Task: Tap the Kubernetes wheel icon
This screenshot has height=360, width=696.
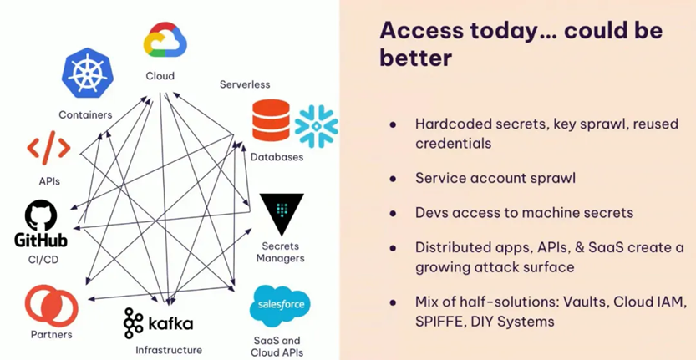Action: coord(88,73)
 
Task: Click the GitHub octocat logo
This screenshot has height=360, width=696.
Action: coord(41,215)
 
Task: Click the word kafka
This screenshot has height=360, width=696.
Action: coord(170,322)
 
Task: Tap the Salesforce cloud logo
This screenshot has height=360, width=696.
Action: coord(280,306)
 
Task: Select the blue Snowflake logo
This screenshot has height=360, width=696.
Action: coord(316,126)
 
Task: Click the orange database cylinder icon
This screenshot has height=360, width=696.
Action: coord(271,120)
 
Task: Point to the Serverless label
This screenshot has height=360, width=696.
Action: coord(245,84)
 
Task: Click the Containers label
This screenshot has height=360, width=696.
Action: coord(86,115)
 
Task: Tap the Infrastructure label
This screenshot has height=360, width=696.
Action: coord(169,350)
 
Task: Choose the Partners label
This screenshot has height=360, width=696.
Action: coord(52,334)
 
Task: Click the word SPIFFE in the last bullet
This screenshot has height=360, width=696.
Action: coord(436,322)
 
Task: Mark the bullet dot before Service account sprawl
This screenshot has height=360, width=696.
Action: coord(393,179)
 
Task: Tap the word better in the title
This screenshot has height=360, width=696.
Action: coord(415,58)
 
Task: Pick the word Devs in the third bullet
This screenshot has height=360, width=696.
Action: coord(429,213)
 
